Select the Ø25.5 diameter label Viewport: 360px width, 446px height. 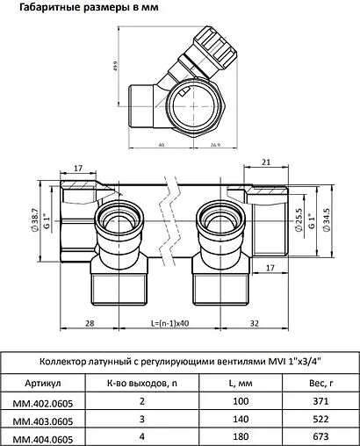[x=299, y=219]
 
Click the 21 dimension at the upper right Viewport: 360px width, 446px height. [x=266, y=162]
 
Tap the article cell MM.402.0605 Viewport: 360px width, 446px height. [x=43, y=402]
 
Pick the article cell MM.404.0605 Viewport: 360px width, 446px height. [x=43, y=437]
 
